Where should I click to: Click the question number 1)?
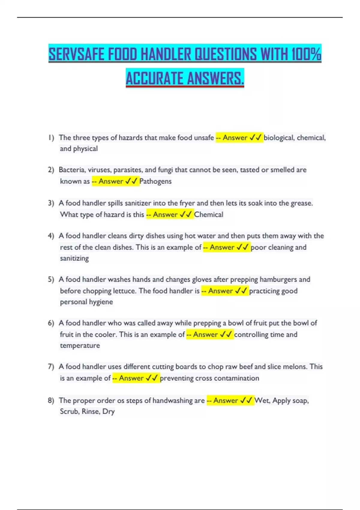[x=51, y=138]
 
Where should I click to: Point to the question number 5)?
[x=51, y=280]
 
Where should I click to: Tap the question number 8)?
[x=51, y=400]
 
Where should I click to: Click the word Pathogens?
[x=155, y=181]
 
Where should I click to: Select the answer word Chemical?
[x=208, y=214]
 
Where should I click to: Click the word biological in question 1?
[x=279, y=138]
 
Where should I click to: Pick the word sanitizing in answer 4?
[x=74, y=258]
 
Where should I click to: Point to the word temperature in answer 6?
[x=80, y=346]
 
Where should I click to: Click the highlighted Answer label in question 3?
[x=165, y=214]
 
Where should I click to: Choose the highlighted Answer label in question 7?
[x=131, y=378]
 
